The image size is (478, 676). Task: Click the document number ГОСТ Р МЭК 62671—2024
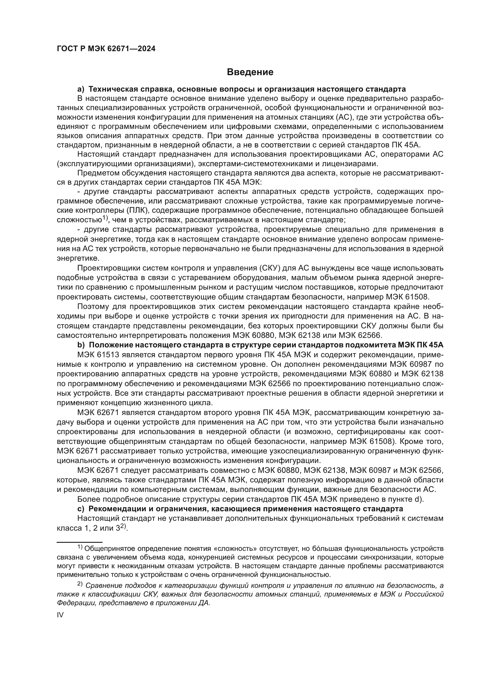106,49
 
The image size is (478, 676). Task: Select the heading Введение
250,72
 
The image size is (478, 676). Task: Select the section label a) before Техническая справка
81,89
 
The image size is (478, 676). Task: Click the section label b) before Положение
81,345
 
